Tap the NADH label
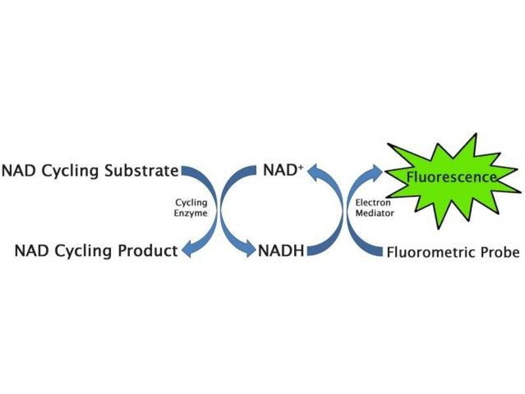point(281,251)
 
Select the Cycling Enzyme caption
point(191,208)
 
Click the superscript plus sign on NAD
point(301,167)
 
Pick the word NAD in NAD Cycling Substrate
point(19,171)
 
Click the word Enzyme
point(191,213)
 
